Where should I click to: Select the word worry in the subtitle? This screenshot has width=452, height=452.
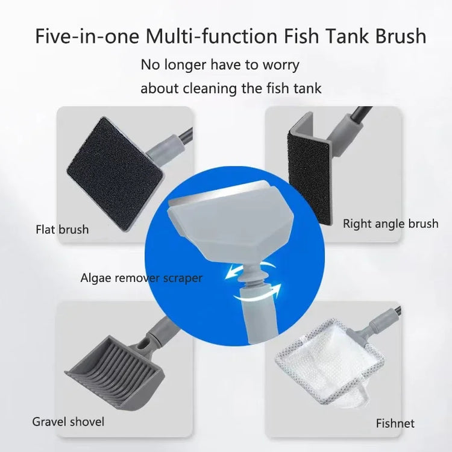[x=278, y=64]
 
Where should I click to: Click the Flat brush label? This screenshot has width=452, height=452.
[x=62, y=229]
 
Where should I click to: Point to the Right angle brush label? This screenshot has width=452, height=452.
[x=391, y=224]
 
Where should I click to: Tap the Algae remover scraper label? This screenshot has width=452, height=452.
[x=141, y=278]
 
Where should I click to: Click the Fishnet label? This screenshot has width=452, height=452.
[x=395, y=423]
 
